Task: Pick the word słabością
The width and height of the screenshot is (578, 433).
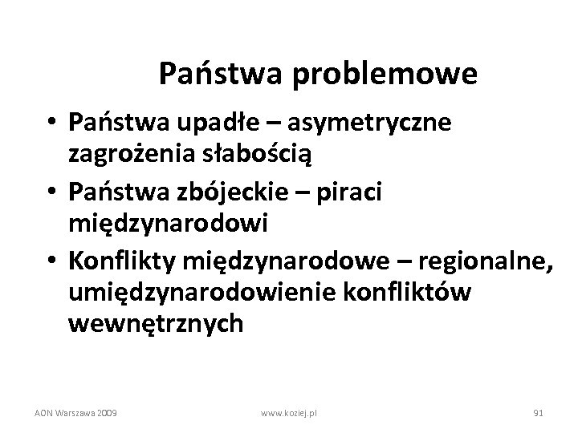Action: [246, 149]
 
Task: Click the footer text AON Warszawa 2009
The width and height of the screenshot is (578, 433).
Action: [76, 412]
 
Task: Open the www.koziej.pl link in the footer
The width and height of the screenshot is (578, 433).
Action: [289, 412]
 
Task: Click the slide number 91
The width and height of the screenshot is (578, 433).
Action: [539, 412]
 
